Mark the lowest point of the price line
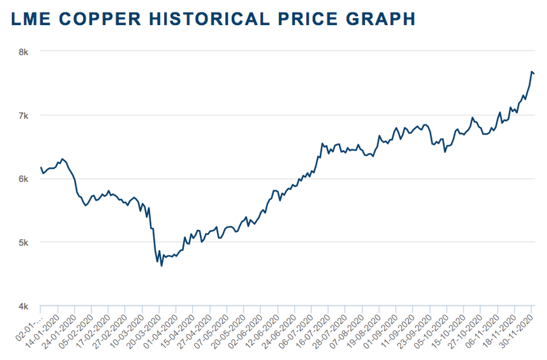click(162, 266)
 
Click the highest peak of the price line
click(531, 71)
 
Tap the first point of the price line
click(41, 167)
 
